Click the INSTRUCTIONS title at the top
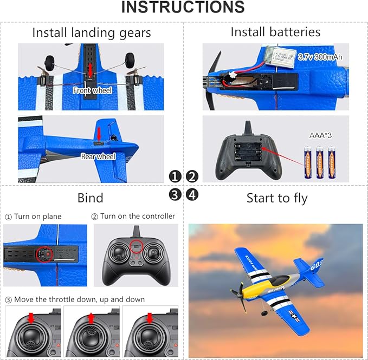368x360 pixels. click(183, 8)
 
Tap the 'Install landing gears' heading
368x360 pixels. click(92, 32)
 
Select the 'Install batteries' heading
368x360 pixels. click(275, 32)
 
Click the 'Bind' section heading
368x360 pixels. click(91, 198)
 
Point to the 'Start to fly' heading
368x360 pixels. click(276, 198)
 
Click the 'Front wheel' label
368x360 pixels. click(92, 91)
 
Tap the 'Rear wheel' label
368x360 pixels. click(98, 156)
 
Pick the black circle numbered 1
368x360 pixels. click(175, 176)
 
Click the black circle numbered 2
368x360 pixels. click(192, 176)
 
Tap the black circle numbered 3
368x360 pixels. click(175, 194)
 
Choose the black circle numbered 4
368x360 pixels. click(192, 194)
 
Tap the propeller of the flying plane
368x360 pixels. click(238, 297)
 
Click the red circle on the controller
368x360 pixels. click(136, 247)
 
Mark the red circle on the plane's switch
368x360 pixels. click(44, 253)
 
